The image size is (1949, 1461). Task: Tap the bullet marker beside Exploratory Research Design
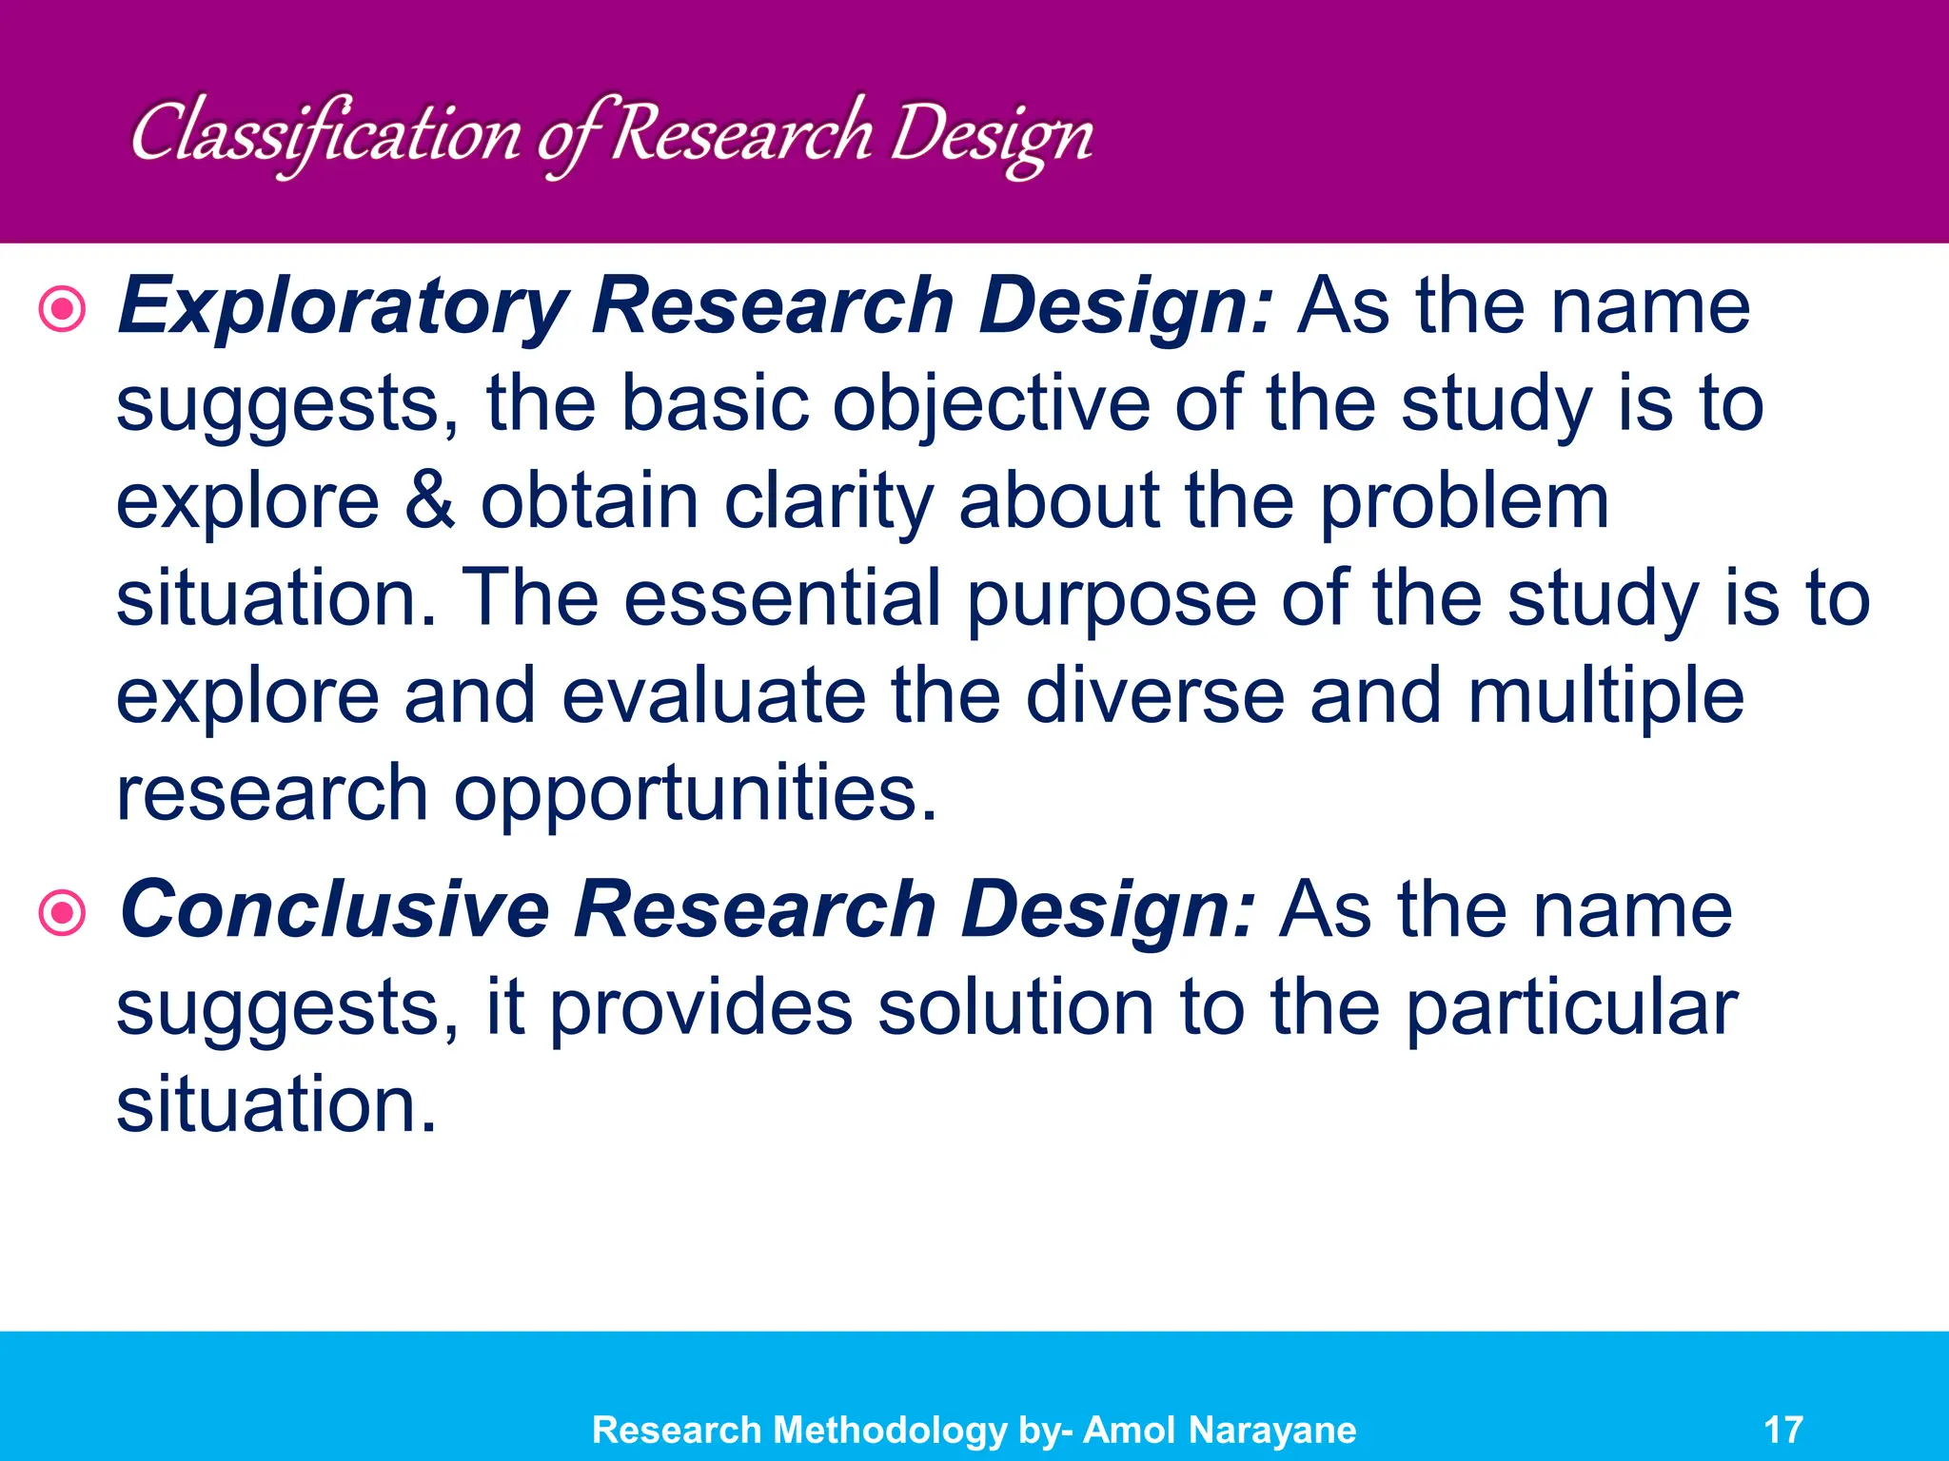63,309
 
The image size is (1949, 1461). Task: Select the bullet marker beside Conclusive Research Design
63,913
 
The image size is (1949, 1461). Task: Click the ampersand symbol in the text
429,502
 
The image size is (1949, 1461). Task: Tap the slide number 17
1782,1430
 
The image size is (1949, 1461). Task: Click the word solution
1015,1008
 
